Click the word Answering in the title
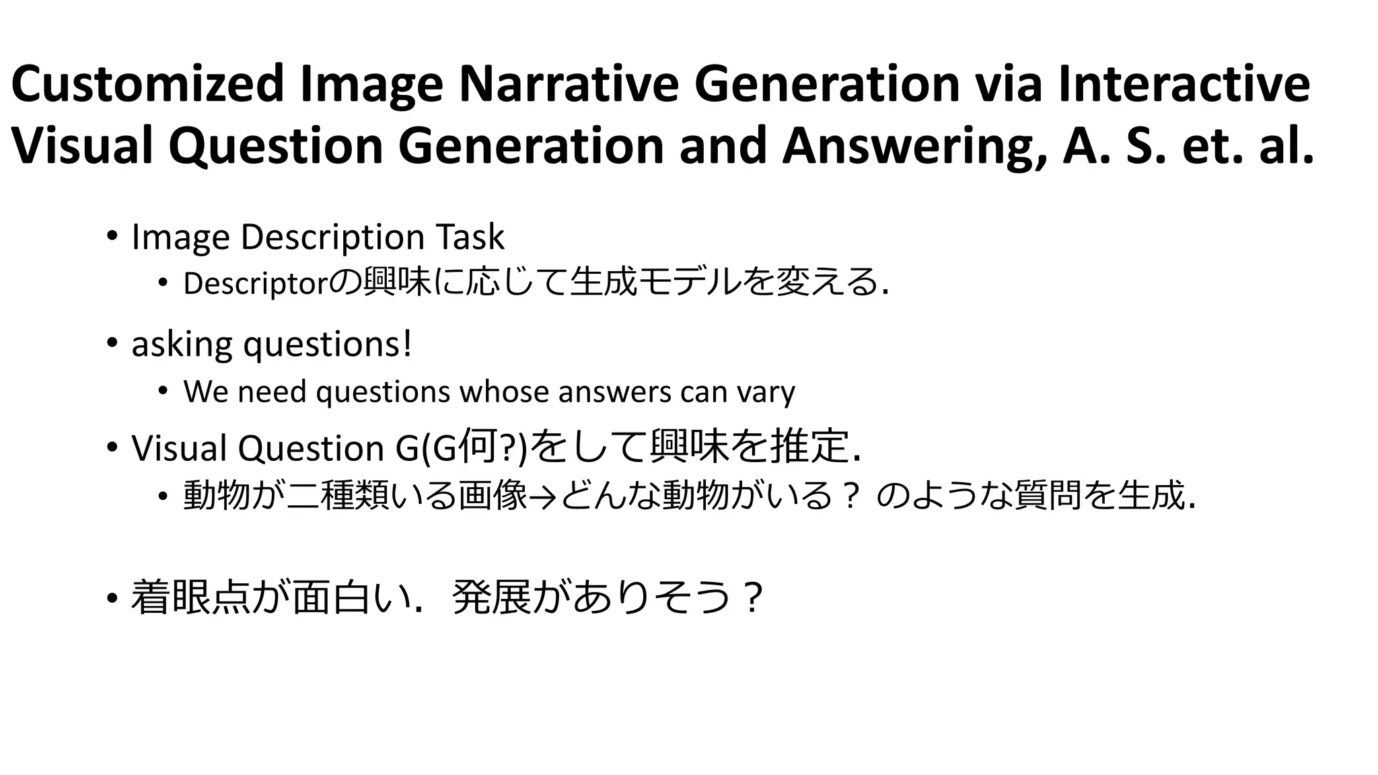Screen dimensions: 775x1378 click(914, 146)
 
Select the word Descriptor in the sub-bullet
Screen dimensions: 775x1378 click(255, 284)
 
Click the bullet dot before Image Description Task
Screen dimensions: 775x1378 click(111, 236)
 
